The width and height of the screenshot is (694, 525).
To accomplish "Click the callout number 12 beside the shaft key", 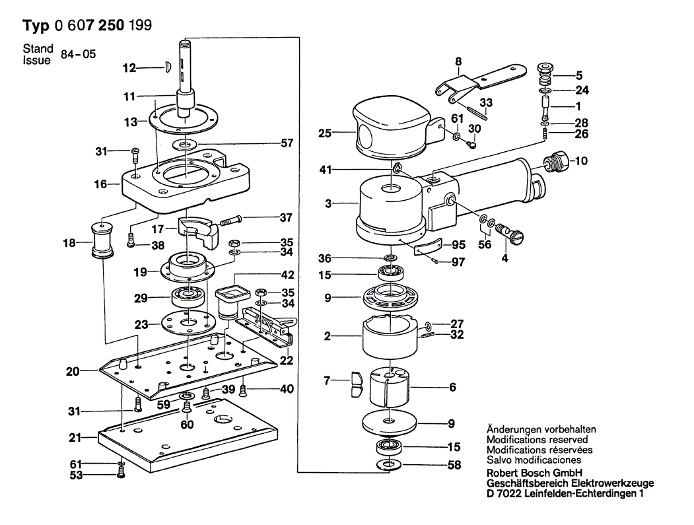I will [x=129, y=67].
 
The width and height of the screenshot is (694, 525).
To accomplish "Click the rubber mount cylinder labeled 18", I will [x=102, y=242].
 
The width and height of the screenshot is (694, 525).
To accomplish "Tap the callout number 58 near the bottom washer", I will [x=454, y=466].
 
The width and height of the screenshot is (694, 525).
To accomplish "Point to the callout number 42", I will [x=287, y=275].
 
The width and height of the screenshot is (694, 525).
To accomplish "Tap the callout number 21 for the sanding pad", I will [x=75, y=438].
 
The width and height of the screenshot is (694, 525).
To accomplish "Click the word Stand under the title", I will [x=37, y=49].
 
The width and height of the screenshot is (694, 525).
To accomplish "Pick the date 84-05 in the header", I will [x=78, y=55].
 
